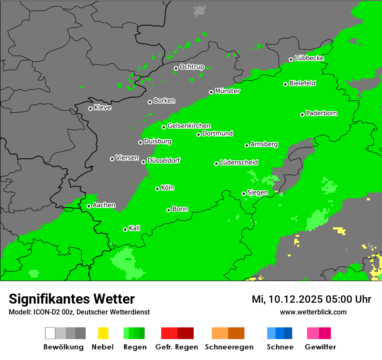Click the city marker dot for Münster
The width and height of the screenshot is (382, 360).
pos(211,92)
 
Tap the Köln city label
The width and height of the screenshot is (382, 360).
pos(168,188)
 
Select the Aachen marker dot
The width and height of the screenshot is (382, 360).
pos(89,206)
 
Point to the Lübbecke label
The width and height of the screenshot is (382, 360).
pos(309,58)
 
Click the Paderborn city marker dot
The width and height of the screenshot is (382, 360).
pos(302,115)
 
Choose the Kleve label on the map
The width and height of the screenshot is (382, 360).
pos(102,108)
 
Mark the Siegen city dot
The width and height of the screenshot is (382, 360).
pos(244,193)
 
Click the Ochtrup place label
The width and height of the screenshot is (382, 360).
pos(191,67)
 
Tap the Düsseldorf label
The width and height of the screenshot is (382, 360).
pos(163,160)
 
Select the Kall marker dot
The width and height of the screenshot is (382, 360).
pos(125,229)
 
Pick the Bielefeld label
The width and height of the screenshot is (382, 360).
pos(302,83)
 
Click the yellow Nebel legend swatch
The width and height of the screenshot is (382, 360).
pos(103,333)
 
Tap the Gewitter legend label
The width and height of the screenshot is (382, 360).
pos(320,347)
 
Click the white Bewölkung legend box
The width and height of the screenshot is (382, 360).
pos(50,333)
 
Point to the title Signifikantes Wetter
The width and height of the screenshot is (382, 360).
pos(72,299)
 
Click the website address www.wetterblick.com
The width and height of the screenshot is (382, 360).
pos(313,312)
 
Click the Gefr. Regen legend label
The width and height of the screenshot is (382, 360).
pos(177,347)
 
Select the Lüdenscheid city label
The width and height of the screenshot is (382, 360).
pos(239,163)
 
